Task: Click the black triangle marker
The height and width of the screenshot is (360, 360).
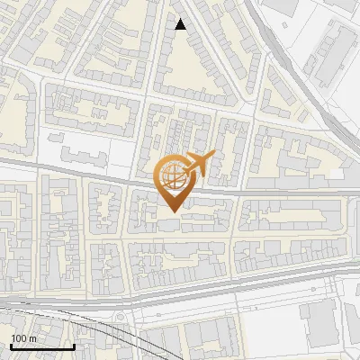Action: point(181,24)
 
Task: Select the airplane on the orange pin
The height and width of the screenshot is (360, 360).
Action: point(198,164)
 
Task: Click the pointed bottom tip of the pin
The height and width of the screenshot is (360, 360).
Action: point(173,212)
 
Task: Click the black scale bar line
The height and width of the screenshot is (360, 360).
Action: point(41,347)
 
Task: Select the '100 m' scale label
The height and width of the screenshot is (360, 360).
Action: point(23,338)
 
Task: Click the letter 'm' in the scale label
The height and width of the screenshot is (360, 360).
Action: point(31,338)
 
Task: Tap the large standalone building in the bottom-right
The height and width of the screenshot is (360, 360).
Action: point(320,325)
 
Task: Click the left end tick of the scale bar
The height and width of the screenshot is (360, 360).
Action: point(11,346)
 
